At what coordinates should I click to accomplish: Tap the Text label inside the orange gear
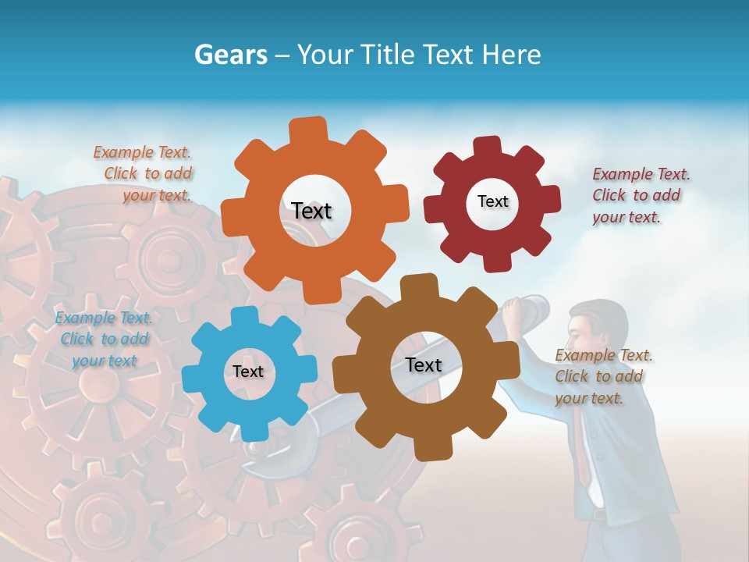point(311,211)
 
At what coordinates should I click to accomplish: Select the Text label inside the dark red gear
point(492,201)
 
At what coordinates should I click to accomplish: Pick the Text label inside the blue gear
point(248,372)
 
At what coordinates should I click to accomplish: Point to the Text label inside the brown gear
point(424,365)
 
